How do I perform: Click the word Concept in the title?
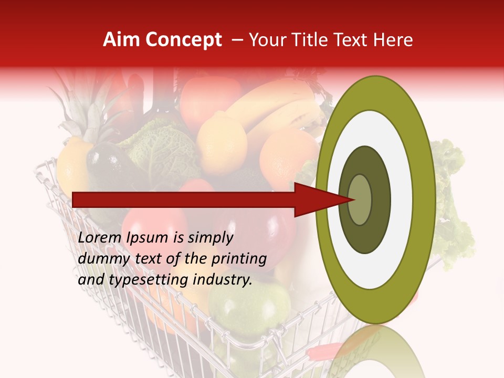point(184,40)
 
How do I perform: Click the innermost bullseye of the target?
point(360,200)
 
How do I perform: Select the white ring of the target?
point(375,131)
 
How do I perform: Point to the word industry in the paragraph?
point(223,280)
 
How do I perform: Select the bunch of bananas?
point(283,113)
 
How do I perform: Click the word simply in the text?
point(210,238)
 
